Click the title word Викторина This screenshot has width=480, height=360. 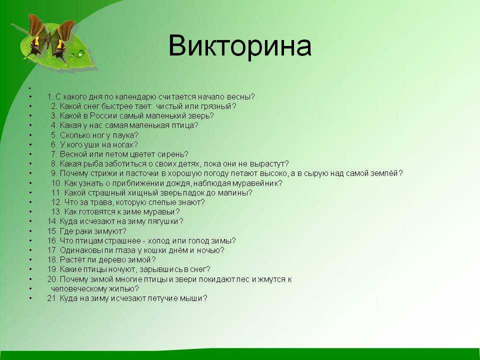(x=239, y=46)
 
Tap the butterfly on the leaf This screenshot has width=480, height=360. (x=50, y=38)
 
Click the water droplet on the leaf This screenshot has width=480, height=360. (x=81, y=53)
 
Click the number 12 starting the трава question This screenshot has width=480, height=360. (x=56, y=202)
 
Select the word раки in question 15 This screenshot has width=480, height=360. (x=78, y=231)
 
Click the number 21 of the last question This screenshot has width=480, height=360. (x=51, y=298)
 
